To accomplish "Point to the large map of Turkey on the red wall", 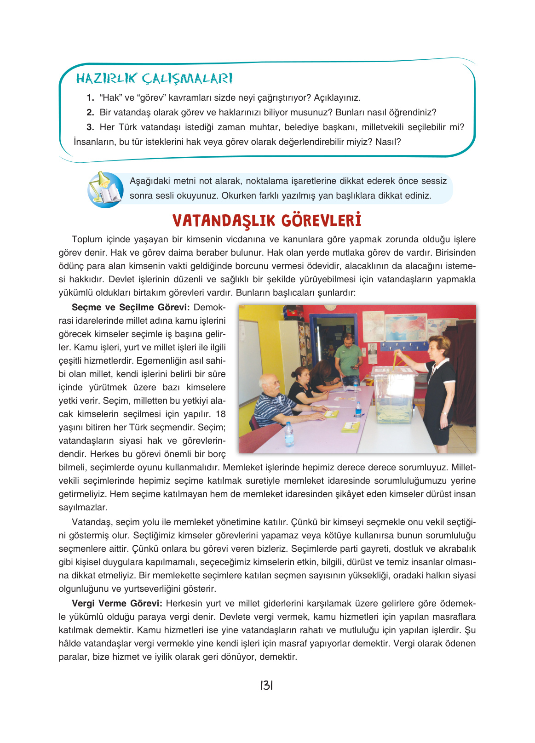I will [x=406, y=327].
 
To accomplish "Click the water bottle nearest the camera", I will [x=289, y=434].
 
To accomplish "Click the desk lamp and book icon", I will [x=105, y=190].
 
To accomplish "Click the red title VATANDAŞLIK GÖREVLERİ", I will [x=267, y=221].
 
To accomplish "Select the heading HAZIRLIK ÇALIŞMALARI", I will [x=154, y=79].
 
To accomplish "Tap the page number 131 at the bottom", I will [x=267, y=686].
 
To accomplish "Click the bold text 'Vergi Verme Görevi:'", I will [x=117, y=603].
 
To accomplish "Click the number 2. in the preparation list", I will [x=90, y=112].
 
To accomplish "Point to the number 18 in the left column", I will [x=220, y=414].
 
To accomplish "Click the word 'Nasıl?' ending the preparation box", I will [x=388, y=142].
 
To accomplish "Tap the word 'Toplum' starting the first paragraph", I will [x=87, y=239].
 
